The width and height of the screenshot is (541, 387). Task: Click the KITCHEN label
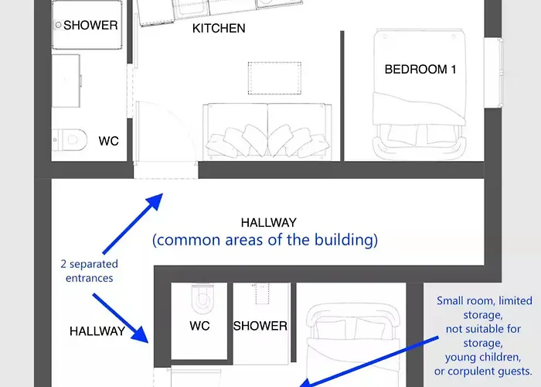[219, 29]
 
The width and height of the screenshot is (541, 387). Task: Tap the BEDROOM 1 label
[420, 70]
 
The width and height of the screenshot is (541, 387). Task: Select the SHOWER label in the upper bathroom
[90, 26]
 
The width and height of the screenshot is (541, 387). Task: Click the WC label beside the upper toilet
[108, 141]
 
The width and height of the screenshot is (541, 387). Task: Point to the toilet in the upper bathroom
[70, 139]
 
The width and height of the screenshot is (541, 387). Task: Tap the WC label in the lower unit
[199, 326]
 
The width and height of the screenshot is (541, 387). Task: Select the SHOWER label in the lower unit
[260, 326]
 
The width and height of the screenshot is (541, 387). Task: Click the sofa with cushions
[267, 132]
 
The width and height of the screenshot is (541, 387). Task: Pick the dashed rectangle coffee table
[274, 78]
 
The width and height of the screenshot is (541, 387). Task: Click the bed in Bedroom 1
[420, 94]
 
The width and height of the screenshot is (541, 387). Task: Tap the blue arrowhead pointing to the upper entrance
[155, 201]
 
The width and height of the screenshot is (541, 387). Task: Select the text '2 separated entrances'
[90, 271]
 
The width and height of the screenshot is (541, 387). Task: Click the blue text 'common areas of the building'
[265, 240]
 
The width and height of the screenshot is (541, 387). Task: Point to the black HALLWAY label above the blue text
[269, 223]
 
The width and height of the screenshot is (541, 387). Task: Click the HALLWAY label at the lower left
[97, 331]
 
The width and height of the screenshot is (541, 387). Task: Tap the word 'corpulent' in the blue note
[471, 372]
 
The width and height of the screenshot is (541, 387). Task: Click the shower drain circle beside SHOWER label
[58, 25]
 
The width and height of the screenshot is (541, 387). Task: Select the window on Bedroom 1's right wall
[494, 73]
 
